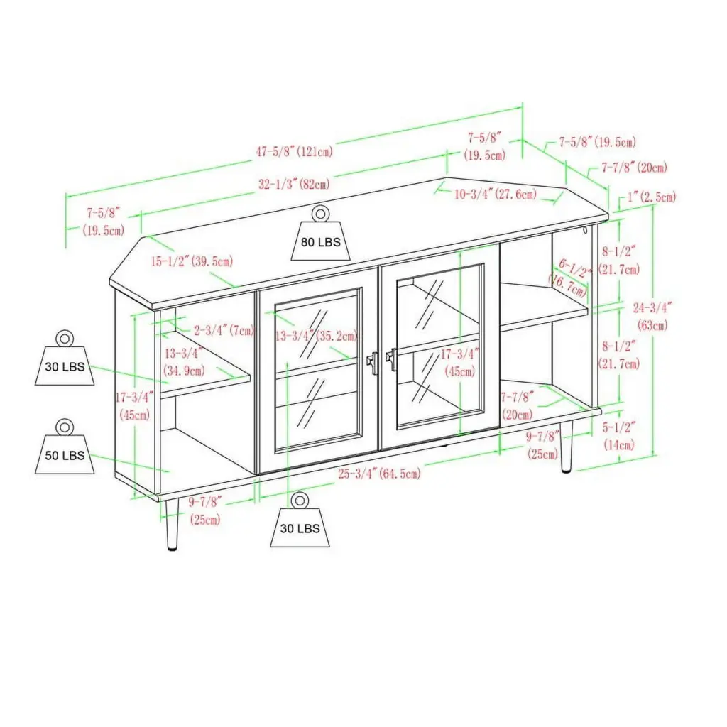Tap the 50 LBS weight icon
coord(65,447)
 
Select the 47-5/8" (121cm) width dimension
coord(295,151)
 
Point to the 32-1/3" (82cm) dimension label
coord(294,184)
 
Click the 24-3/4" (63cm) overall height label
coord(652,316)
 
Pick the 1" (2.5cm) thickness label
coord(652,197)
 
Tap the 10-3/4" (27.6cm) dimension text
coord(495,194)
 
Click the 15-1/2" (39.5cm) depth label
coord(192,261)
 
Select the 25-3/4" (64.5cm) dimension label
coord(379,474)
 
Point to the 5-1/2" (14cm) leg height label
coord(618,436)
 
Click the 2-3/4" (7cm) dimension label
coord(224,330)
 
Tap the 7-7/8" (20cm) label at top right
coord(634,167)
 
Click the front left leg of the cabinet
coord(172,525)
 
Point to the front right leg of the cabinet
coord(566,447)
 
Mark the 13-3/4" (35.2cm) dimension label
coord(316,336)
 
